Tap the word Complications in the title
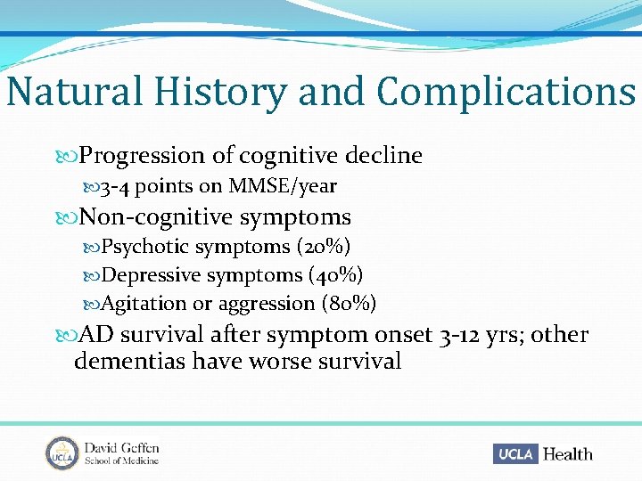click(x=506, y=92)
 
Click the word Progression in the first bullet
click(x=142, y=156)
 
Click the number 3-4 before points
click(x=115, y=186)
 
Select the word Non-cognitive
click(x=152, y=216)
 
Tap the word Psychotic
click(x=145, y=246)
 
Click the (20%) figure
click(x=324, y=246)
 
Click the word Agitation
click(x=144, y=304)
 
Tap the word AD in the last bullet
click(x=96, y=335)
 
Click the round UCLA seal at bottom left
click(x=62, y=452)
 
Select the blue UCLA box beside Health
click(x=515, y=453)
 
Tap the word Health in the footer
click(x=568, y=453)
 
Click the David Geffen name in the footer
click(x=121, y=446)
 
